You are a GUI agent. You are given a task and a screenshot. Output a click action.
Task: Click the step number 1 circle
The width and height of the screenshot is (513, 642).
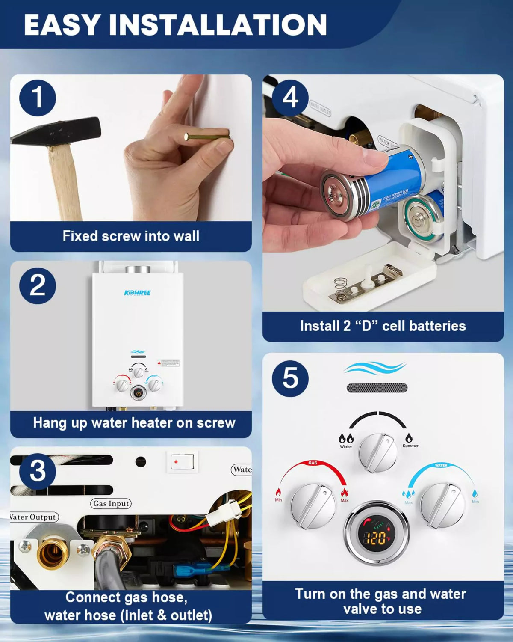38,98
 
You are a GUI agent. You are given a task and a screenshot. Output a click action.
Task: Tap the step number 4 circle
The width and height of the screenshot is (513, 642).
290,98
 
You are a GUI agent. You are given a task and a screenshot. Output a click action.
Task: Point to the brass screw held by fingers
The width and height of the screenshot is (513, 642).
207,137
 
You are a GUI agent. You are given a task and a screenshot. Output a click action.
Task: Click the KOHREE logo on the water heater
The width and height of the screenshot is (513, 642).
137,293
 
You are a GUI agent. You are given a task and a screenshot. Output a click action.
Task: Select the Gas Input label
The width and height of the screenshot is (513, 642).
111,504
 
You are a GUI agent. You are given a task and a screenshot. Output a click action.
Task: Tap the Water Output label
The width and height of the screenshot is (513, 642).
33,517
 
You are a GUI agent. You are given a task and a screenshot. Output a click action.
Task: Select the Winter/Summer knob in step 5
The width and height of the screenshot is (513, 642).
378,452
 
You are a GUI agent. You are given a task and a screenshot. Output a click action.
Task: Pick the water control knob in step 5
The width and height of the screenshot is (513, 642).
442,505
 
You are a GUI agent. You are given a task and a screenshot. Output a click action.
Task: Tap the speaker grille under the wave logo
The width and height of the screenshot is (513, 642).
377,388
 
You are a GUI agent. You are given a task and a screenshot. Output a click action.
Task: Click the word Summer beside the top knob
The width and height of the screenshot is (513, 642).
410,446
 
